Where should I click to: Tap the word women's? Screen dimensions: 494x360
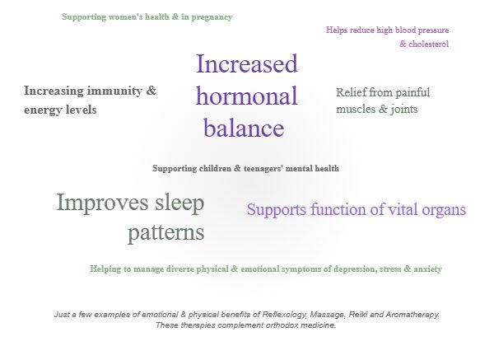point(125,16)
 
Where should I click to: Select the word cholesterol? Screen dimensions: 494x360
point(428,44)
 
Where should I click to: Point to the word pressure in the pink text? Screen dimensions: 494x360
point(433,30)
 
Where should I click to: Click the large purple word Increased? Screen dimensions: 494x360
point(247,63)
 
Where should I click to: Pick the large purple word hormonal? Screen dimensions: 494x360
point(247,96)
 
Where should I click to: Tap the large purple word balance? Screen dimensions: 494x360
point(245,128)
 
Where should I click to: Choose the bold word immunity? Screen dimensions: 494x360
point(114,91)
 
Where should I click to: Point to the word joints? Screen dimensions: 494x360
point(404,109)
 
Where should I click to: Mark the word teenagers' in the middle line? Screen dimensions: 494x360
point(263,169)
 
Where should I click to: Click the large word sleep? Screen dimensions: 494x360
point(179,203)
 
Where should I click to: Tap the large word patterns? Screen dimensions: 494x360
point(166,232)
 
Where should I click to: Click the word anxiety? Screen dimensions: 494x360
point(427,269)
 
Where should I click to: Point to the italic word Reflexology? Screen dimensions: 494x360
point(285,315)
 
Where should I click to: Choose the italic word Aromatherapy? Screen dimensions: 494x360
point(412,315)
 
